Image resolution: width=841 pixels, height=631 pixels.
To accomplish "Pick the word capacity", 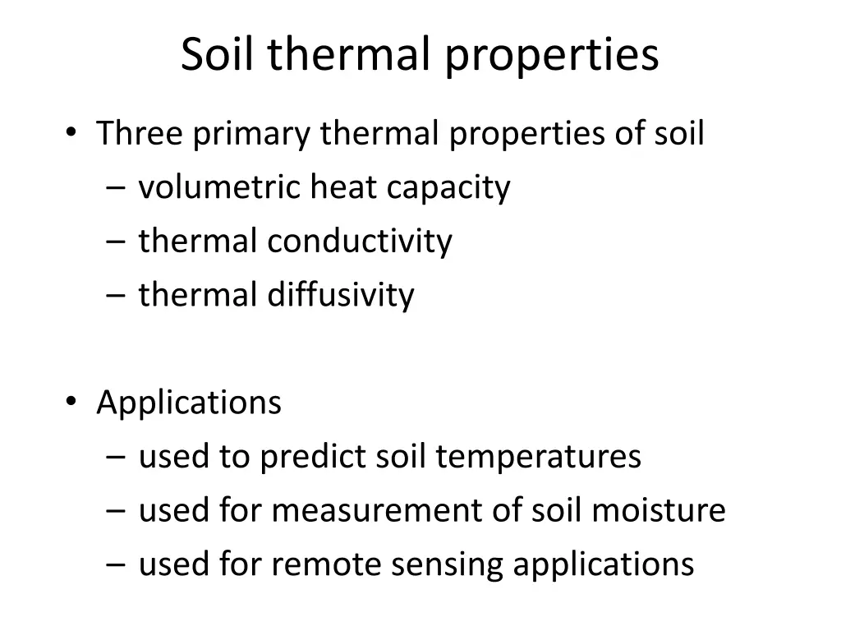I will click(448, 189).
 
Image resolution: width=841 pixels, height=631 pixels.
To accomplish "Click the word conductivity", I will click(360, 242).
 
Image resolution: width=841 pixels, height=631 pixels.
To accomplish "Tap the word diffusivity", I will click(341, 295).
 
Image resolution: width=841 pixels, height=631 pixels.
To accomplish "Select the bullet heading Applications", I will click(189, 403).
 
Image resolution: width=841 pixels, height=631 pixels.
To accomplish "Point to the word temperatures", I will click(538, 457).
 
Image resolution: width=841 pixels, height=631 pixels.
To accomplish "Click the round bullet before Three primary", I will click(71, 132).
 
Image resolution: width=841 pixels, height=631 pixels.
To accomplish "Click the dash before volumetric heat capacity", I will click(114, 189).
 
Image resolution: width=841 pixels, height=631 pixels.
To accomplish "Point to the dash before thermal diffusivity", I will click(114, 296).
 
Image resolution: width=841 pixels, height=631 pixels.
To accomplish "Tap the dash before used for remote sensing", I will click(114, 565).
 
